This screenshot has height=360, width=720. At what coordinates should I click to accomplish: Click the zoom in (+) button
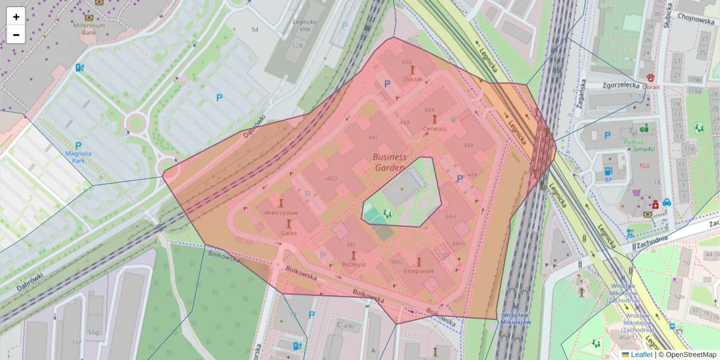point(16,17)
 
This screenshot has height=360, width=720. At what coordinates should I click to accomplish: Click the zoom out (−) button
point(16,35)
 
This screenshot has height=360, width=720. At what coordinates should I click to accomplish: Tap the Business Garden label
point(389,163)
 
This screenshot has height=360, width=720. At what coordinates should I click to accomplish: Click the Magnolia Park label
point(79,157)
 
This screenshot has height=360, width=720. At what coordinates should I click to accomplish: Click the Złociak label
point(413,79)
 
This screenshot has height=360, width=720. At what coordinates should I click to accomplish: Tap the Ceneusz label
point(434,128)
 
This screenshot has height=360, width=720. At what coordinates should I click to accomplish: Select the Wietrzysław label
point(281,212)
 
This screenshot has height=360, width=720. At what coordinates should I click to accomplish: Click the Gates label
point(289,233)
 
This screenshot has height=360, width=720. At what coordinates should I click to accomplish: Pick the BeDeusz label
point(353,265)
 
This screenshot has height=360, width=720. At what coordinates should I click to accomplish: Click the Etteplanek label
point(419,271)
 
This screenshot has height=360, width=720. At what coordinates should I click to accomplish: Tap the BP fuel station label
point(608,179)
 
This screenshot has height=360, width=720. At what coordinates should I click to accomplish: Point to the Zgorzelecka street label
point(621,85)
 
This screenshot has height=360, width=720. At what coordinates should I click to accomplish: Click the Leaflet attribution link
point(641,355)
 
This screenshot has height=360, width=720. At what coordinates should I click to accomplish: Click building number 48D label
point(331,179)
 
